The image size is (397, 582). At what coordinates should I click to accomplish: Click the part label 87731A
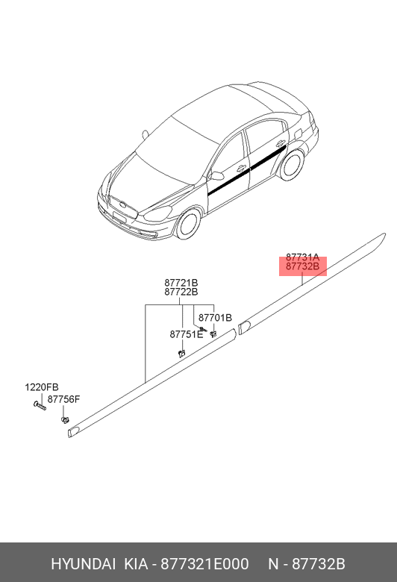pos(302,257)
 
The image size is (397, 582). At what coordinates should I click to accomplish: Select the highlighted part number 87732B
pos(302,266)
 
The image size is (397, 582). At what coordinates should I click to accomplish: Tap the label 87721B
pos(181,283)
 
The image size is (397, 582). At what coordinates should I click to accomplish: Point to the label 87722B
pos(181,292)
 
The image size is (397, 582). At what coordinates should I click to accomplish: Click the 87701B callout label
pos(215,318)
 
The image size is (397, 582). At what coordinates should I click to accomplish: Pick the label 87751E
pos(187,334)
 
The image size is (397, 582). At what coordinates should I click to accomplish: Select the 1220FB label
pos(42,387)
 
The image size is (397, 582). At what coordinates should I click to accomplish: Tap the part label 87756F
pos(63,399)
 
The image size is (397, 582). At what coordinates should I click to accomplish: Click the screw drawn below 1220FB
pos(40,406)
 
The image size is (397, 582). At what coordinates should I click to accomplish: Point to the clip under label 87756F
pos(65,420)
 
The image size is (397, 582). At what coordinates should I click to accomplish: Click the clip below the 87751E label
pos(181,353)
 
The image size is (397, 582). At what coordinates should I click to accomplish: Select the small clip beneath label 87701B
pos(213,334)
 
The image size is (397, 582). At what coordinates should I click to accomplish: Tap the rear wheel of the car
pos(292,165)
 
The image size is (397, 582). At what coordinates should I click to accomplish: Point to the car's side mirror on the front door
pos(216,175)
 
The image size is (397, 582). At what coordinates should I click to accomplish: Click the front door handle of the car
pos(241,167)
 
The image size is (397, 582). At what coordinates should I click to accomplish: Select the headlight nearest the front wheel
pos(158,213)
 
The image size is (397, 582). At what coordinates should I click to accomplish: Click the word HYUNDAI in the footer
pos(83,564)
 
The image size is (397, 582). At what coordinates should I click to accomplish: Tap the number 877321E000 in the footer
pos(204,564)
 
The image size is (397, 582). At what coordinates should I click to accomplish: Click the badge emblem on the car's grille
pos(122,205)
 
